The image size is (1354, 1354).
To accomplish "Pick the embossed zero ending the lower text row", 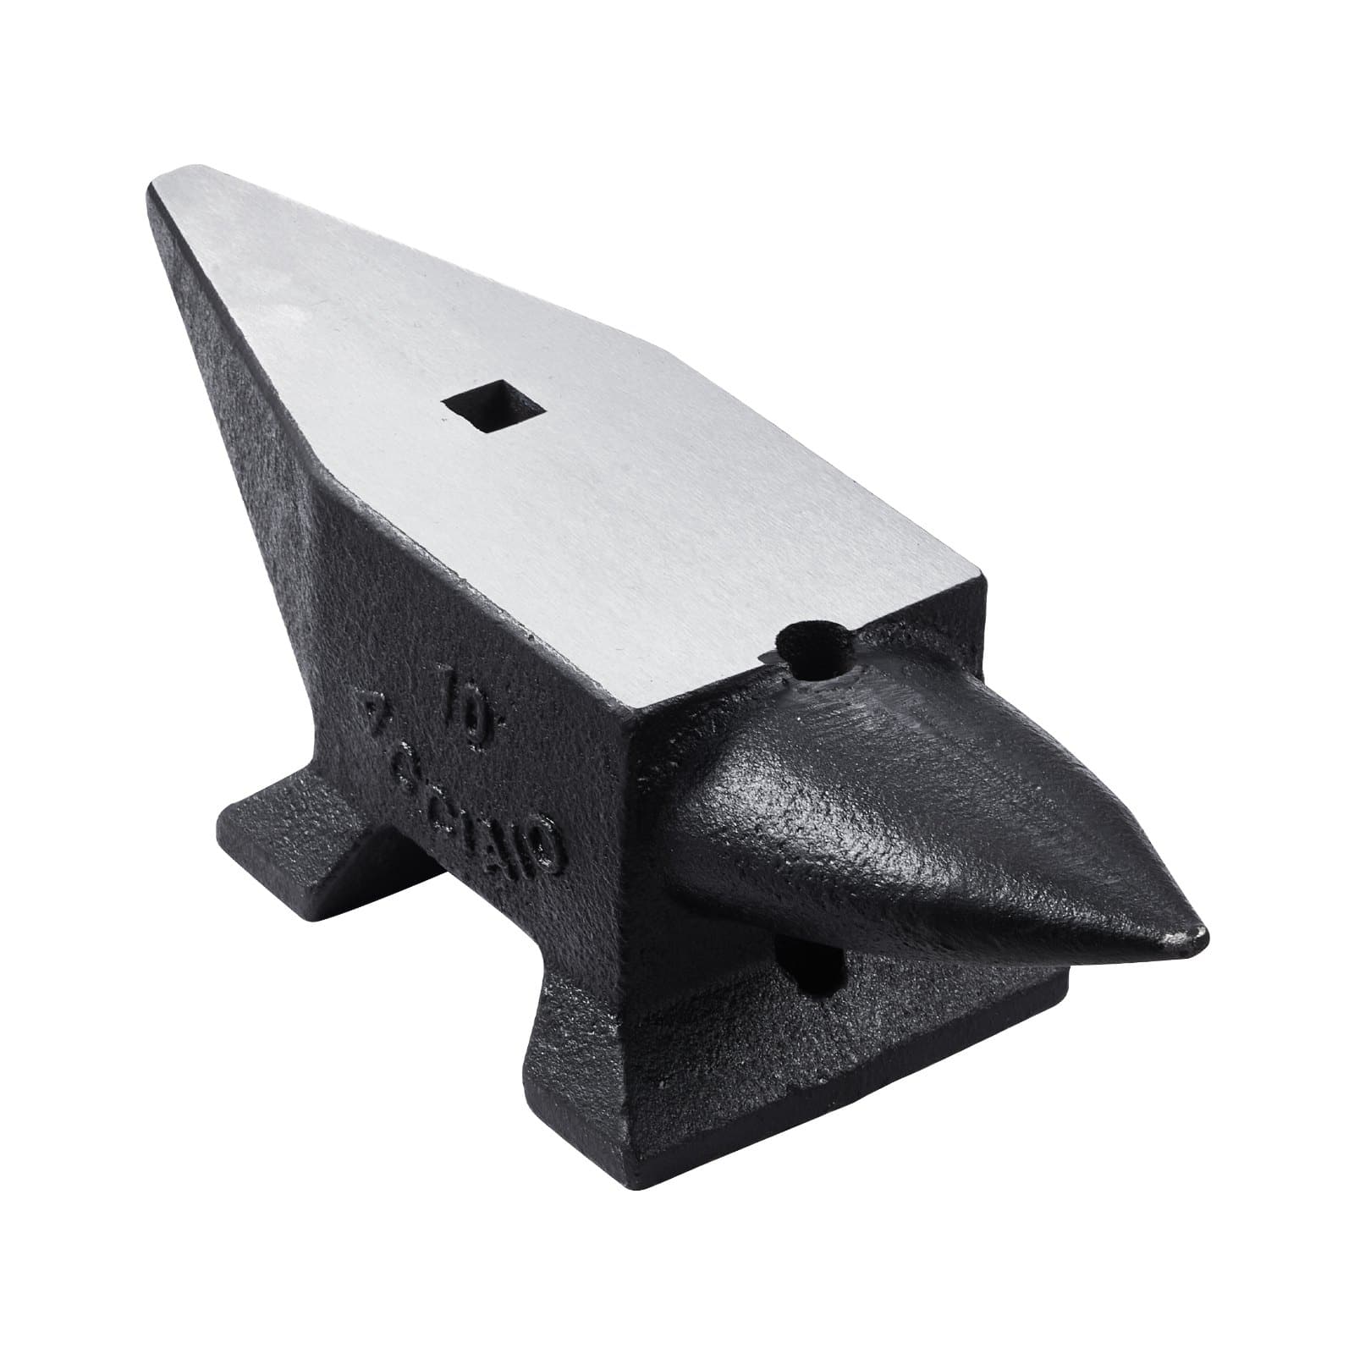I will [542, 834].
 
